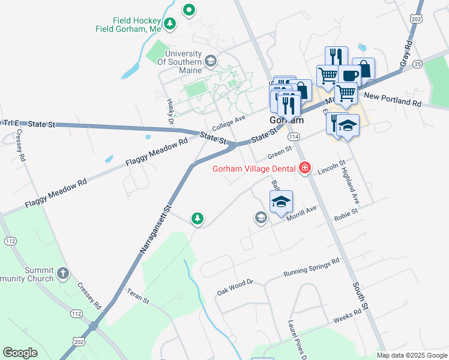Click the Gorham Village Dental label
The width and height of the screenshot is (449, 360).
pyautogui.click(x=255, y=168)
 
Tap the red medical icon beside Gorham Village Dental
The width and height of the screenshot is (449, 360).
pyautogui.click(x=305, y=168)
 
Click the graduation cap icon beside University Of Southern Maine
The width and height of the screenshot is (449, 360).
pyautogui.click(x=210, y=60)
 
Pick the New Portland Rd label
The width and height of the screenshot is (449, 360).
pyautogui.click(x=393, y=100)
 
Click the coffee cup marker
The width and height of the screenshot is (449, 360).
pyautogui.click(x=349, y=76)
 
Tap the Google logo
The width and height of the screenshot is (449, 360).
pyautogui.click(x=20, y=353)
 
